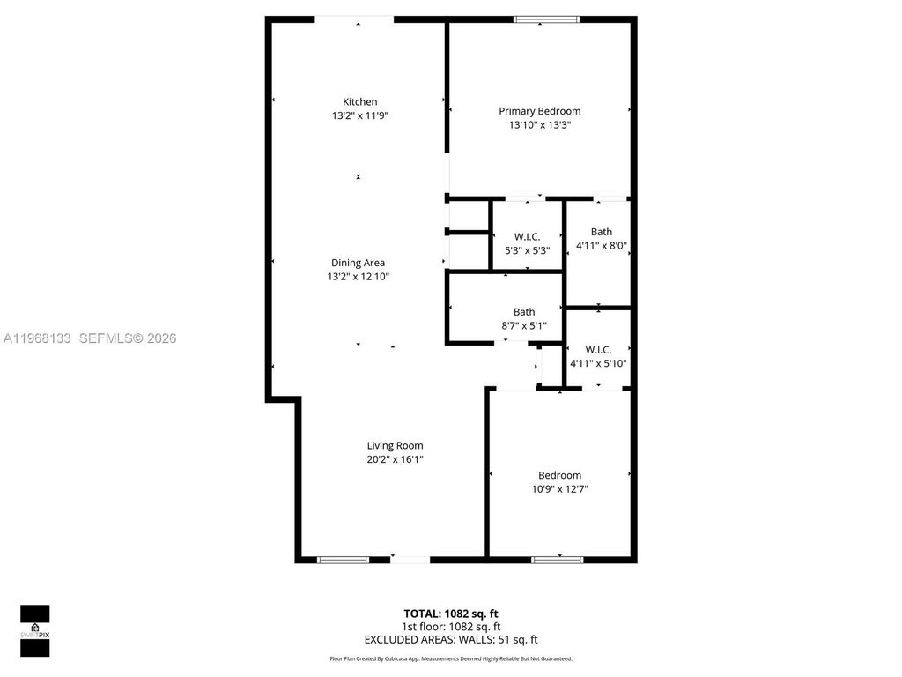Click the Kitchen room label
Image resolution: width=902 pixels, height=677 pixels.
coord(359,102)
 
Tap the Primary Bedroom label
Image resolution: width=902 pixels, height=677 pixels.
coord(539,111)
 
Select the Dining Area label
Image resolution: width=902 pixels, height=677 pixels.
coord(358,263)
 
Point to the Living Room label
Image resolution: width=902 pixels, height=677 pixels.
coord(395,446)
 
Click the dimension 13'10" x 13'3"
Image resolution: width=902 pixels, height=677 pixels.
coord(539,125)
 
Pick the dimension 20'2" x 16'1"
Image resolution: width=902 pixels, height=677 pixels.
coord(395,459)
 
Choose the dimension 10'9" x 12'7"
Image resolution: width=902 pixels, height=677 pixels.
coord(559,489)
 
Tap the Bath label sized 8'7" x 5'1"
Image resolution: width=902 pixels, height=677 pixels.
coord(524,312)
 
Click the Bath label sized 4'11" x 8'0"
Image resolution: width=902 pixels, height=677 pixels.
coord(602,233)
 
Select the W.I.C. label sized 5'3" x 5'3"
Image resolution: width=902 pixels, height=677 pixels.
coord(527,236)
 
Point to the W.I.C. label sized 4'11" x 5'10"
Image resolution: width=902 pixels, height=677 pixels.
coord(598,350)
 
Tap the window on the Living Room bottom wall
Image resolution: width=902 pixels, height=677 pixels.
coord(343,559)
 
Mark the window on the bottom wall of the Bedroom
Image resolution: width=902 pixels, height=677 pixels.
coord(557,559)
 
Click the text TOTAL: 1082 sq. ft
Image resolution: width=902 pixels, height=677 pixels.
coord(450,614)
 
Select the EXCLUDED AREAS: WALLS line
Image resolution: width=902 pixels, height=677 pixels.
coord(450,640)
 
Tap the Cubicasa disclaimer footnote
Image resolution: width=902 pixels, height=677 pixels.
coord(450,658)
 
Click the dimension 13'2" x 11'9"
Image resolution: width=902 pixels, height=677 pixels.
coord(359,115)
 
